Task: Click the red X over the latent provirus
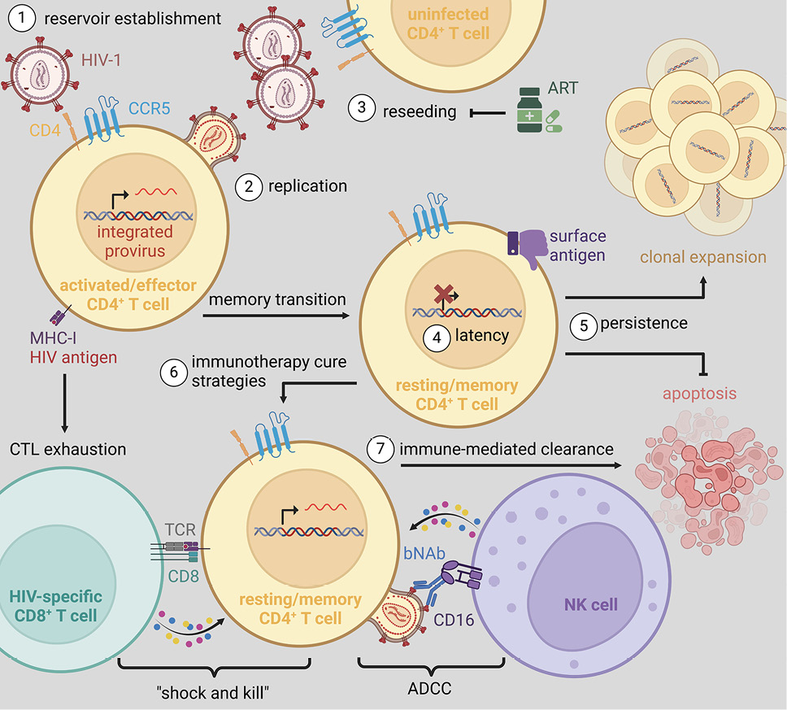tap(444, 294)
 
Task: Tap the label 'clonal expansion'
tap(703, 257)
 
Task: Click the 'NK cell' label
tap(591, 605)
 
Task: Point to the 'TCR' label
tap(181, 529)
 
